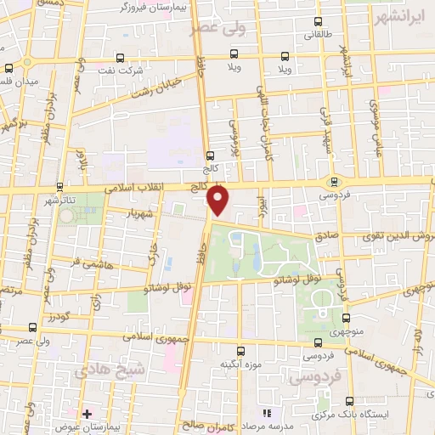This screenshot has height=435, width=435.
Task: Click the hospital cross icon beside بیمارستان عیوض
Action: [87, 414]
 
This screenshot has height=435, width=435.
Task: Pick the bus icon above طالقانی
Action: [319, 21]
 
